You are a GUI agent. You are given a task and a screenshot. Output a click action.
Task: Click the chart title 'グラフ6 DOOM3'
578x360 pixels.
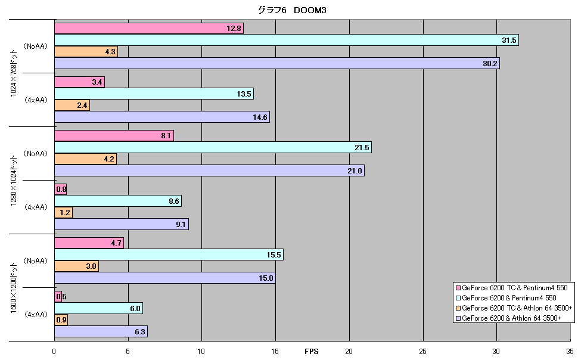click(x=292, y=10)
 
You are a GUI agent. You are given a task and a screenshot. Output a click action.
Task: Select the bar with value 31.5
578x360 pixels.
click(x=287, y=40)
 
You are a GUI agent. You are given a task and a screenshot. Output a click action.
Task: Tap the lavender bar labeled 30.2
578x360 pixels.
click(x=277, y=63)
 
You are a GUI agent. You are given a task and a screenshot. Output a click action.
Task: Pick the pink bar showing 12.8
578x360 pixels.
click(x=149, y=29)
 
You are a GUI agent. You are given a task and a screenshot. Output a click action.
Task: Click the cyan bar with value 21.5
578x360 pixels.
click(x=213, y=147)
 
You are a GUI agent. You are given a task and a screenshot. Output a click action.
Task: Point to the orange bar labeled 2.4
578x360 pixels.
click(x=72, y=105)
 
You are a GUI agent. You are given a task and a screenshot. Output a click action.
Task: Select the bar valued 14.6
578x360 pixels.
click(x=162, y=117)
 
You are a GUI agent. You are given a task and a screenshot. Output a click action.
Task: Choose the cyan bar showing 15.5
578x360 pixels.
click(x=169, y=255)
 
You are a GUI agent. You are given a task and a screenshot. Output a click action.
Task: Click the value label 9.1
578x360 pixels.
click(x=181, y=224)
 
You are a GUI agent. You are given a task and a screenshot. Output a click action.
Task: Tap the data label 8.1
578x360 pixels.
click(x=166, y=136)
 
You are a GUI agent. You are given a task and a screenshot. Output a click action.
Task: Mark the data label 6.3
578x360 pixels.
click(x=139, y=331)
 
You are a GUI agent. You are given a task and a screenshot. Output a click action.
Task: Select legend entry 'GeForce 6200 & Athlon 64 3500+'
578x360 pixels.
click(x=508, y=318)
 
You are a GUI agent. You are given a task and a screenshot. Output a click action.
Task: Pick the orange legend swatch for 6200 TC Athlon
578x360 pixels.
click(x=458, y=308)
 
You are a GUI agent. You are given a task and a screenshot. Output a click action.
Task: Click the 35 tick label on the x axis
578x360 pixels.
click(x=570, y=352)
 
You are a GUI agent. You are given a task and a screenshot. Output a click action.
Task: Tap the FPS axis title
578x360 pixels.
click(x=312, y=352)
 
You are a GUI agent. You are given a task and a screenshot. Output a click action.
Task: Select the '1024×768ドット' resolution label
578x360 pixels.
click(x=14, y=73)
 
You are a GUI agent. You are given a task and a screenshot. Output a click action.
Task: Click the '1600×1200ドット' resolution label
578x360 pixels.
click(x=14, y=288)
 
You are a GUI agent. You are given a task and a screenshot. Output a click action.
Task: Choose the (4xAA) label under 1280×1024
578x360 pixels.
click(x=36, y=207)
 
